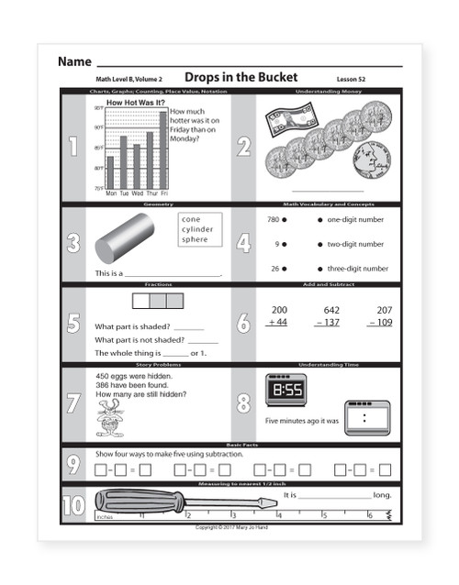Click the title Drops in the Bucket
click(x=241, y=79)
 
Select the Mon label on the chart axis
click(x=111, y=194)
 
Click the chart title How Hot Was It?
click(x=137, y=104)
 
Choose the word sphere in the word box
click(x=195, y=239)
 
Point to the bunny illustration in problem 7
click(x=107, y=420)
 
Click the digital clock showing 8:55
click(x=285, y=390)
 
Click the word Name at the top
click(x=73, y=61)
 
